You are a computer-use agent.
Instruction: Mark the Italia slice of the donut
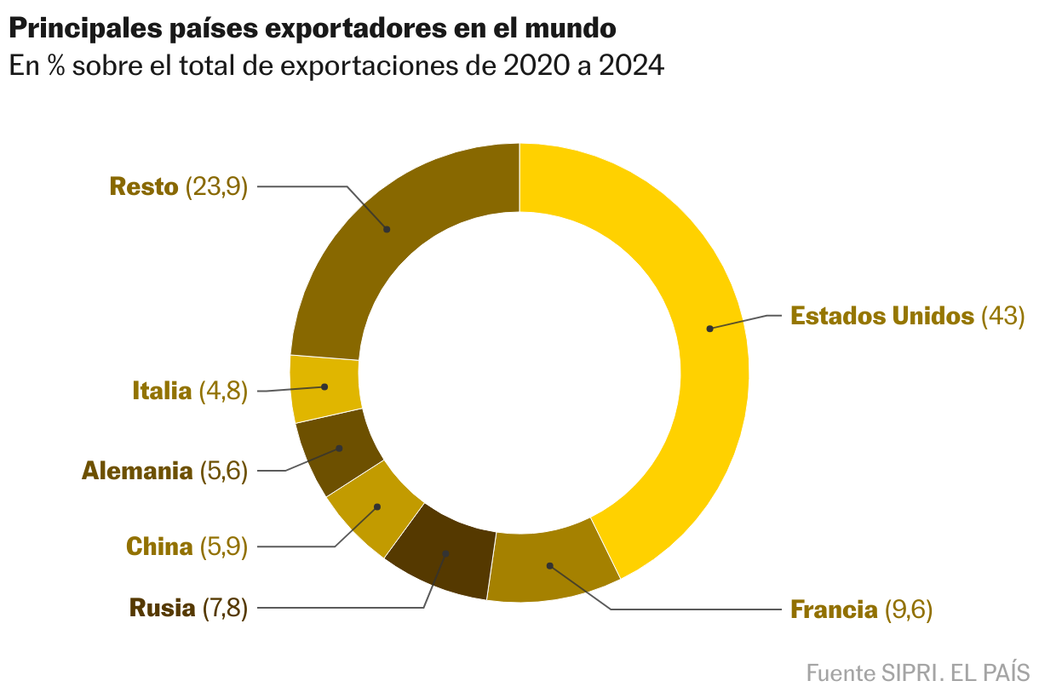(324, 388)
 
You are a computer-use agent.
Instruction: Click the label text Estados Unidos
(881, 316)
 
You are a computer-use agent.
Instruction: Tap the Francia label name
(834, 609)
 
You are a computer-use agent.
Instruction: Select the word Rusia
(162, 609)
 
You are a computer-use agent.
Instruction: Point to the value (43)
(1002, 316)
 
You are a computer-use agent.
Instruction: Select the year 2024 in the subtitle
(631, 66)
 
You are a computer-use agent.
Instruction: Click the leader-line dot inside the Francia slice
(550, 565)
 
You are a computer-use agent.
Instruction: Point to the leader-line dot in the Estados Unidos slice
(709, 328)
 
